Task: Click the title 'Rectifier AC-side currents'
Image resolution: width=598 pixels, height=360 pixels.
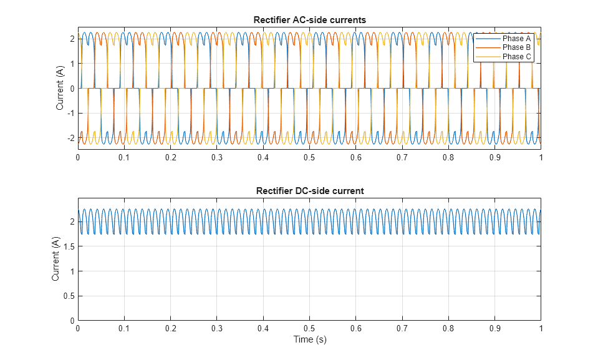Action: click(x=309, y=20)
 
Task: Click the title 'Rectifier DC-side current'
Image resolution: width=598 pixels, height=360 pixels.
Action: click(x=309, y=190)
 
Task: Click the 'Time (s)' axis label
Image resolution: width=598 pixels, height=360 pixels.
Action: click(x=309, y=340)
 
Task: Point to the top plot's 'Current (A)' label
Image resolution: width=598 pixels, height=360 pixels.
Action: click(x=60, y=89)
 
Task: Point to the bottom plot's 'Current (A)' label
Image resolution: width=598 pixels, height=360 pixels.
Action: click(x=56, y=259)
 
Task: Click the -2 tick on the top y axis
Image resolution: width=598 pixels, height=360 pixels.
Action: click(x=71, y=138)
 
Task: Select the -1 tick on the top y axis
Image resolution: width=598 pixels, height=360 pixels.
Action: click(x=71, y=114)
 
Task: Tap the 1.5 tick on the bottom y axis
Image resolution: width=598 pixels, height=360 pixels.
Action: click(x=69, y=246)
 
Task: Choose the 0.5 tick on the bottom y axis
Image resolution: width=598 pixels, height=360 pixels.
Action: click(x=69, y=296)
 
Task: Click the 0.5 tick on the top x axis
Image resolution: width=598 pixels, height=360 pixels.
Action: click(x=309, y=158)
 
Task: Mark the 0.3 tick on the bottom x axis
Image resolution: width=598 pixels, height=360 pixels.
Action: click(x=217, y=328)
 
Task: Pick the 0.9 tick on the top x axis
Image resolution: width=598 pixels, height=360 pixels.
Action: click(x=494, y=158)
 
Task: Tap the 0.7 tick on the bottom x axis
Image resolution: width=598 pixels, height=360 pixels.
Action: click(x=402, y=328)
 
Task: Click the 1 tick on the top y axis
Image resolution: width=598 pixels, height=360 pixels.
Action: click(x=72, y=64)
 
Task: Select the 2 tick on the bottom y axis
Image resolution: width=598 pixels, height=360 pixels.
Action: click(x=72, y=221)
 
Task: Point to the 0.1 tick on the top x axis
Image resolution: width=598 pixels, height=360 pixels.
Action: click(x=124, y=158)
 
